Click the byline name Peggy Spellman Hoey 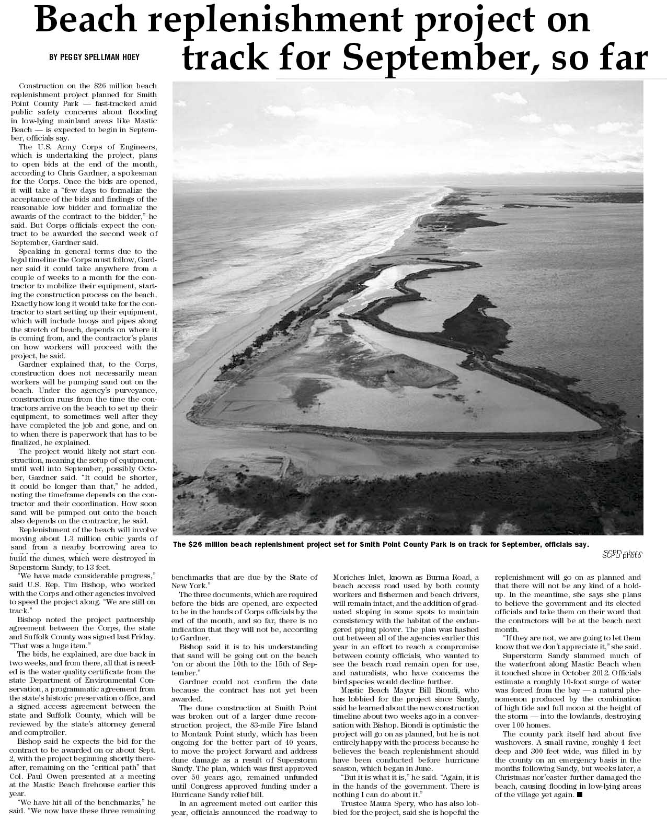tap(94, 57)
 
